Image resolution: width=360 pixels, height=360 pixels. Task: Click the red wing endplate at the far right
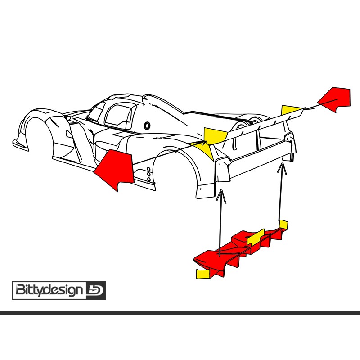pyautogui.click(x=335, y=99)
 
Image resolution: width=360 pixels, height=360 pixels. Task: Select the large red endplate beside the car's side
pyautogui.click(x=116, y=169)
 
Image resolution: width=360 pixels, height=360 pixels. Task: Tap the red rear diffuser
pyautogui.click(x=239, y=252)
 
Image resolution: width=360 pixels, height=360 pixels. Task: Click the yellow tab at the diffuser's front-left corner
pyautogui.click(x=203, y=274)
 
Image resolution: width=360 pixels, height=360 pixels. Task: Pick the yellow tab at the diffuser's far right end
pyautogui.click(x=283, y=224)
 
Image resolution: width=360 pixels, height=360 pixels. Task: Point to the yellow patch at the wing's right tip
pyautogui.click(x=292, y=110)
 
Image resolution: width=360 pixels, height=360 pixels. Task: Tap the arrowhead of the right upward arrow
pyautogui.click(x=282, y=168)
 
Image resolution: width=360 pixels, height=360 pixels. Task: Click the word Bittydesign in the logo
pyautogui.click(x=49, y=290)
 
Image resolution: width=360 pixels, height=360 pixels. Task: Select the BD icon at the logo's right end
pyautogui.click(x=95, y=290)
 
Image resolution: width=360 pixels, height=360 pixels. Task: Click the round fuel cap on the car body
pyautogui.click(x=147, y=126)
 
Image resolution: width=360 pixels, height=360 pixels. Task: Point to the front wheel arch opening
pyautogui.click(x=38, y=138)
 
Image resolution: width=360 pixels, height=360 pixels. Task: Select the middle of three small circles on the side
pyautogui.click(x=149, y=175)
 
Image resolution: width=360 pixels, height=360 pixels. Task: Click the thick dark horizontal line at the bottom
pyautogui.click(x=180, y=312)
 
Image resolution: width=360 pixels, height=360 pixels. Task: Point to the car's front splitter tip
pyautogui.click(x=14, y=142)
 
